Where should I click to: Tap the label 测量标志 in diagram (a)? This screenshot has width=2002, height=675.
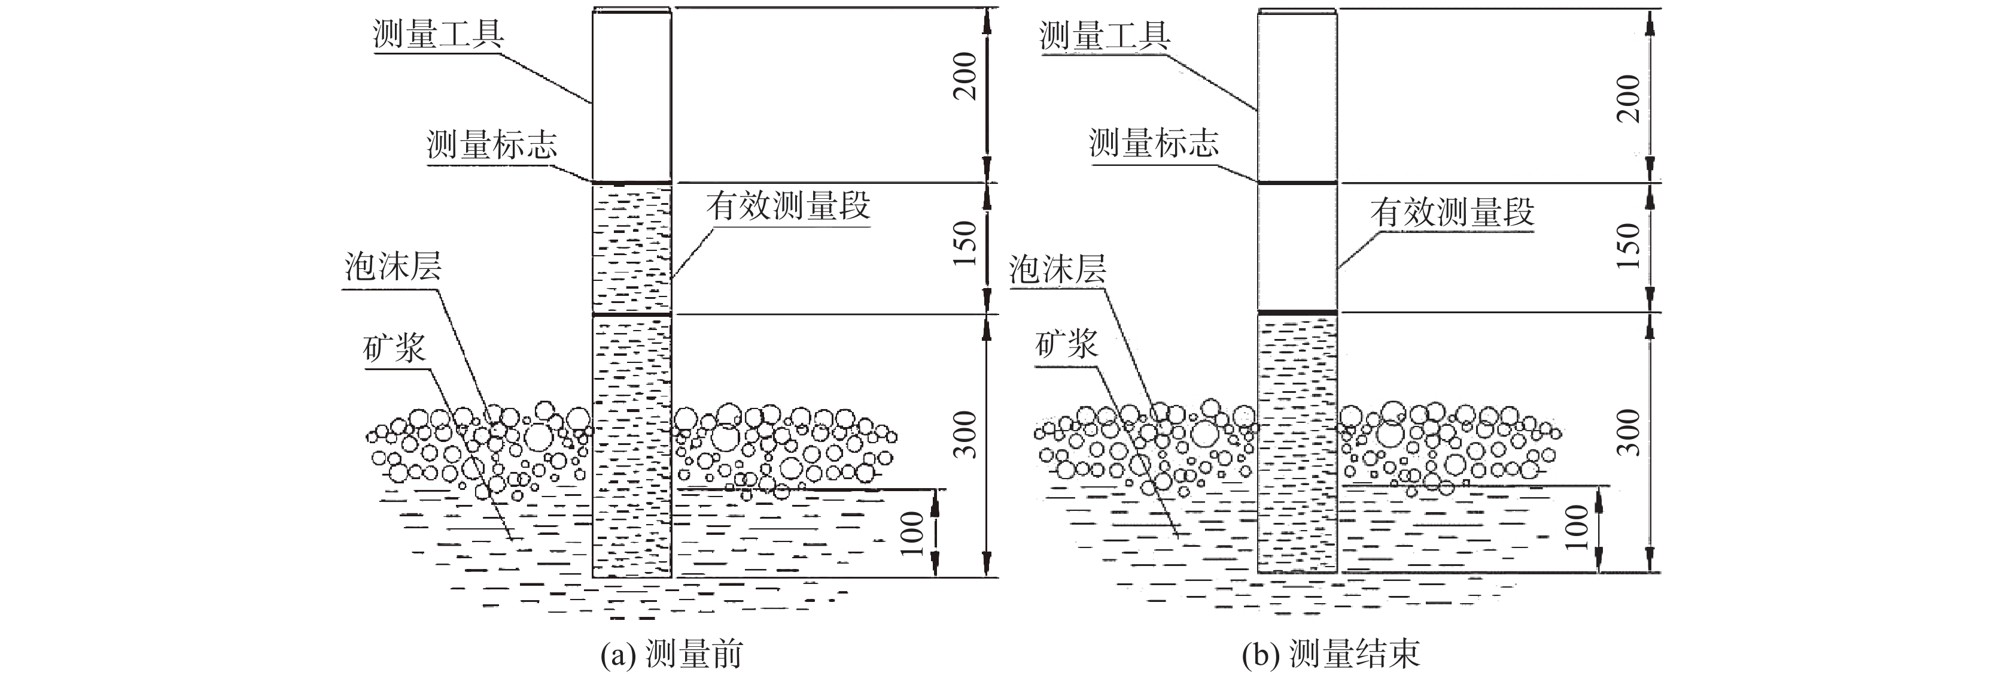pos(492,145)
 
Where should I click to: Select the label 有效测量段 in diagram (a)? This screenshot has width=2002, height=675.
pos(788,207)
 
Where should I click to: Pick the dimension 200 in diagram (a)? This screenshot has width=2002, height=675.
pos(965,75)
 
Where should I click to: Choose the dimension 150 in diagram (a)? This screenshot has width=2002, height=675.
pos(965,243)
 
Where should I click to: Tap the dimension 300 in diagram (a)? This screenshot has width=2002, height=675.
pos(965,434)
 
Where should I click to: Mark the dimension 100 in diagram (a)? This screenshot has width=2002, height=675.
pos(914,534)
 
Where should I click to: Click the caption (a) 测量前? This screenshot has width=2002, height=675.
pos(671,655)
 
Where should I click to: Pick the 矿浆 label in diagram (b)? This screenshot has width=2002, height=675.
pos(1066,343)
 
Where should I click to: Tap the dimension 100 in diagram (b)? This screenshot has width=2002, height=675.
pos(1576,527)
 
